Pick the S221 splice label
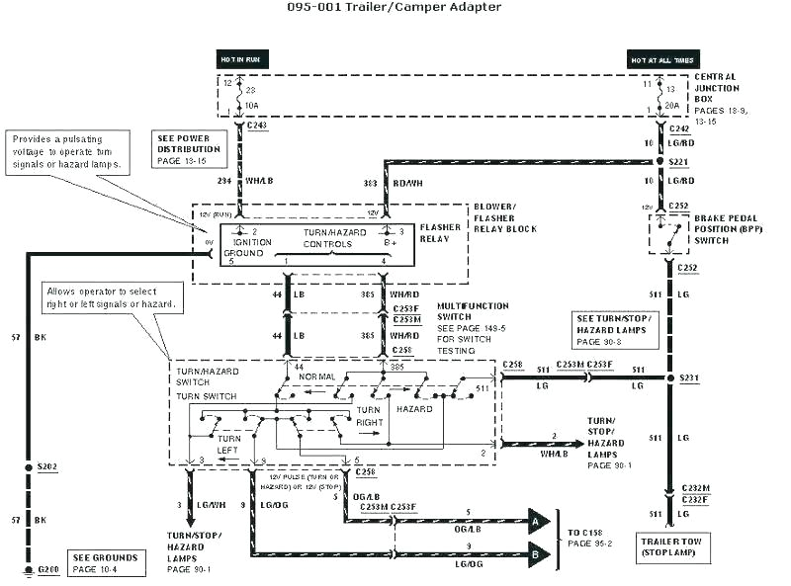tap(678, 160)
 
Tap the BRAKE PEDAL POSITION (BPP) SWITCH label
tap(727, 228)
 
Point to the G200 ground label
tap(46, 571)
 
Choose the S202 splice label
tap(46, 465)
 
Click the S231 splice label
tap(690, 377)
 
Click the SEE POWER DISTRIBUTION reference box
tap(188, 148)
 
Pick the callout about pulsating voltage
tap(67, 151)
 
